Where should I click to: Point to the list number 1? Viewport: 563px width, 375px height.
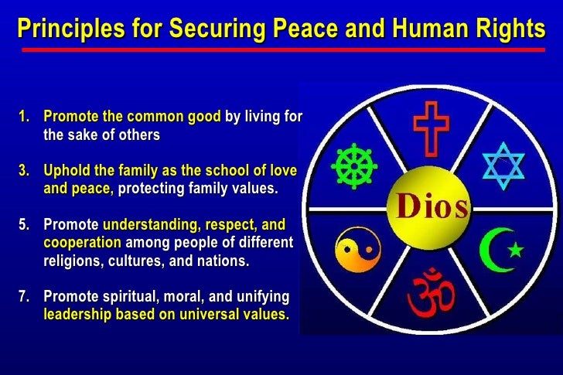(x=23, y=118)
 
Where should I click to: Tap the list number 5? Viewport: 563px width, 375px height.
(x=23, y=225)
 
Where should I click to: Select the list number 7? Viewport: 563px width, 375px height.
(x=23, y=296)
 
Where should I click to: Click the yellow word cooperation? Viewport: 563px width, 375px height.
(x=82, y=243)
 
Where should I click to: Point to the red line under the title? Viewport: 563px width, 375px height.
(x=281, y=49)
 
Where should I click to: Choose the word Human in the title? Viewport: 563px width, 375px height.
(x=421, y=29)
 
